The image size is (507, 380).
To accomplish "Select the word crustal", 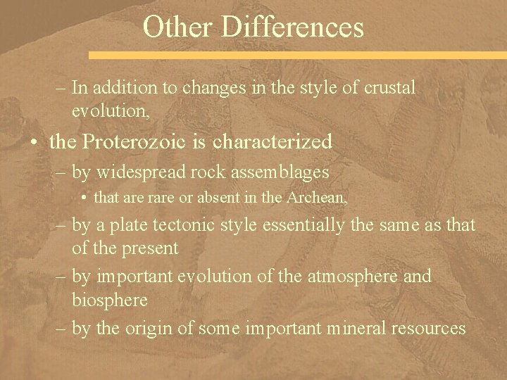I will (x=389, y=88).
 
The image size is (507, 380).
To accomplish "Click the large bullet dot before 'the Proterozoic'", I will (x=35, y=142).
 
